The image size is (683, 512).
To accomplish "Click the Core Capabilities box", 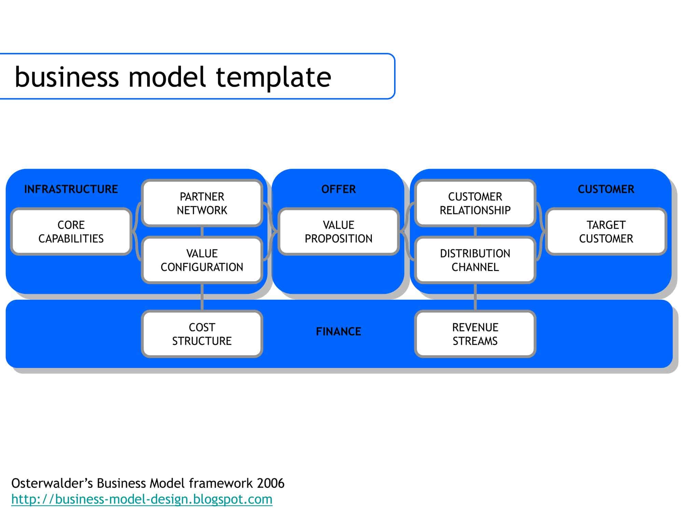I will [x=71, y=232].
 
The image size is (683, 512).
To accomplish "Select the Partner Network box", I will [x=202, y=203].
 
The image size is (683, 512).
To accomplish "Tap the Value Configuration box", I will [x=202, y=260].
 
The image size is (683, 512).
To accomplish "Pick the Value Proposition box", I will [x=338, y=232].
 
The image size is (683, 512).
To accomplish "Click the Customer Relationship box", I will [x=475, y=203].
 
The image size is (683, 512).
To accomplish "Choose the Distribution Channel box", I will [x=475, y=260].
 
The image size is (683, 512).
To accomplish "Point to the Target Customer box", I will [x=606, y=232].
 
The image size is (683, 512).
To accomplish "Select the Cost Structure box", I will [x=202, y=334].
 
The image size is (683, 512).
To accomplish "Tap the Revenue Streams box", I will [x=475, y=334].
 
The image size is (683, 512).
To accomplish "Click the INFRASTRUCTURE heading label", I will [x=71, y=189].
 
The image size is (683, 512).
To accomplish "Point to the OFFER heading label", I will [x=338, y=189].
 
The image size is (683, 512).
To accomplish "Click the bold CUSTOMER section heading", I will [x=606, y=189].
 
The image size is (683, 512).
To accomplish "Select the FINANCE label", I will [x=338, y=331].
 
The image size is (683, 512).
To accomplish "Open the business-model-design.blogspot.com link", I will [x=142, y=499].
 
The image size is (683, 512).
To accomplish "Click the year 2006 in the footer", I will [x=270, y=483].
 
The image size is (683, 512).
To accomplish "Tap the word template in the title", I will [x=274, y=77].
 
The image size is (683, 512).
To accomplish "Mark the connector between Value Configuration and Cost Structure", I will [x=202, y=296].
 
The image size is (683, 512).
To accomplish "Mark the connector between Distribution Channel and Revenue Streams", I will [x=475, y=296].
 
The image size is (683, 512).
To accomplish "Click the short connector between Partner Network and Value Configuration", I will [x=202, y=232].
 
